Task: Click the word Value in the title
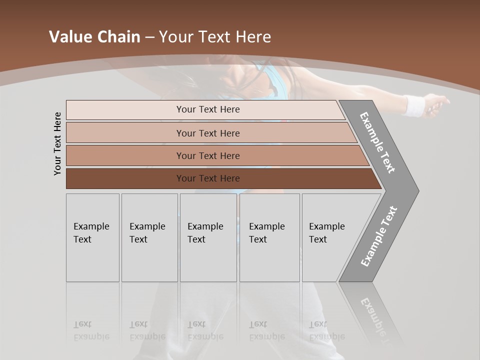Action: click(x=69, y=37)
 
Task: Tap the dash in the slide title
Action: click(x=149, y=37)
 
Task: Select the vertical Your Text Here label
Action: click(x=58, y=143)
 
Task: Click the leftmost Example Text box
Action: click(x=92, y=237)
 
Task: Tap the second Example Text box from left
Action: click(x=149, y=237)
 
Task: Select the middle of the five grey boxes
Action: click(x=208, y=237)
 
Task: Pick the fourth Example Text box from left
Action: click(x=269, y=237)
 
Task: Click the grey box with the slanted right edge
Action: click(x=330, y=237)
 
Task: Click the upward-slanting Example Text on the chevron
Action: click(x=379, y=236)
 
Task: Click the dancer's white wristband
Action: click(x=413, y=105)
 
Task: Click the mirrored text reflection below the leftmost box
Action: click(x=92, y=330)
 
